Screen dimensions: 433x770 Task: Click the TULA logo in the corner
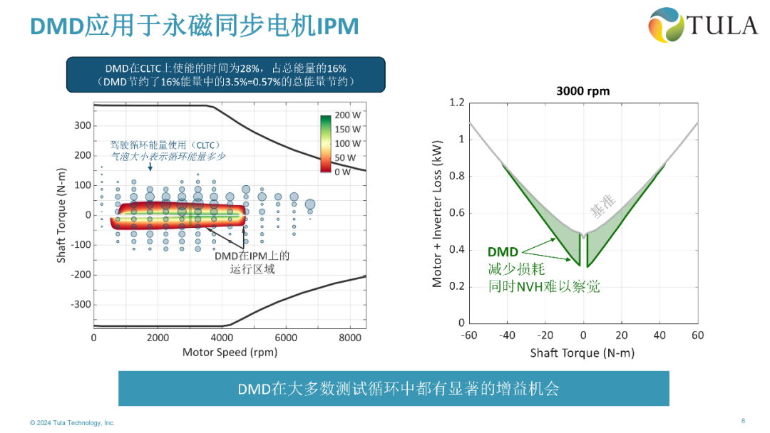coord(703,25)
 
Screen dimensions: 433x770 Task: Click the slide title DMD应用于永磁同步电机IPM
coord(194,26)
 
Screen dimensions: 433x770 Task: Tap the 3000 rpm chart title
coord(582,91)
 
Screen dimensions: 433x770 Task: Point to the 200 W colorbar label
coord(348,115)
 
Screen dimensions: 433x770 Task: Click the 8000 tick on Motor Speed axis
coord(350,338)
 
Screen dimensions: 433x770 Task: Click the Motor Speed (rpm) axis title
coord(230,352)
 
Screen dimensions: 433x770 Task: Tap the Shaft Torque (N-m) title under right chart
coord(582,353)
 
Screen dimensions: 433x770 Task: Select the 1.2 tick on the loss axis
coord(456,103)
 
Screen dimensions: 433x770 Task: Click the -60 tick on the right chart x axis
coord(468,335)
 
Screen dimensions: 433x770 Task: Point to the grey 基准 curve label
coord(602,205)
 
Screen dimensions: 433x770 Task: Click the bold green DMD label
coord(503,252)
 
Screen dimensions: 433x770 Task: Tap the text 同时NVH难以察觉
coord(543,286)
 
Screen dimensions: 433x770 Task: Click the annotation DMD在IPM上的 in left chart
coord(252,256)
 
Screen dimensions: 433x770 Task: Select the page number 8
coord(743,419)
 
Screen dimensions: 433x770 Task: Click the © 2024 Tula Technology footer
coord(72,423)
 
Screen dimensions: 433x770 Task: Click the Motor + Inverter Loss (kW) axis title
coord(438,213)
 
